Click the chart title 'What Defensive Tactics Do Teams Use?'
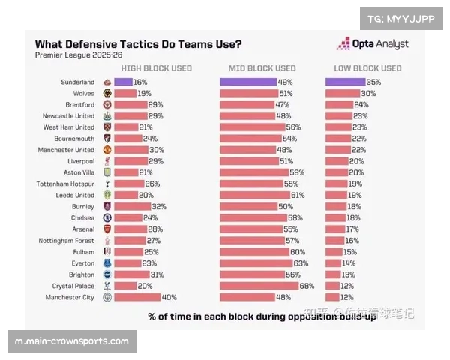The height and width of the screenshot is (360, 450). click(x=138, y=44)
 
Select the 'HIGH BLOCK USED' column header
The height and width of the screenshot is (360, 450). click(x=156, y=68)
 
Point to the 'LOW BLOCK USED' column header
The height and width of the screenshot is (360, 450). click(x=367, y=68)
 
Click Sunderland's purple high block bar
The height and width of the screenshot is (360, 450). click(x=124, y=82)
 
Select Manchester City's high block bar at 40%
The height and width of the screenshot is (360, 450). click(x=138, y=297)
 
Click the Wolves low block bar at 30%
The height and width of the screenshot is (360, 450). click(x=342, y=93)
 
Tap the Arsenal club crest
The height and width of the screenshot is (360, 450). click(x=107, y=229)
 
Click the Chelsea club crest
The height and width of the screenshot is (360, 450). click(x=107, y=217)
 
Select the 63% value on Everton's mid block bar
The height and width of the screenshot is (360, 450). click(x=301, y=263)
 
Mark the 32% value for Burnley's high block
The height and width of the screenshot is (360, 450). click(x=159, y=206)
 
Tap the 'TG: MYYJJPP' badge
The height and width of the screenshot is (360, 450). click(x=402, y=18)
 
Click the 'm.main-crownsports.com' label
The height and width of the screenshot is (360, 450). click(x=71, y=341)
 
